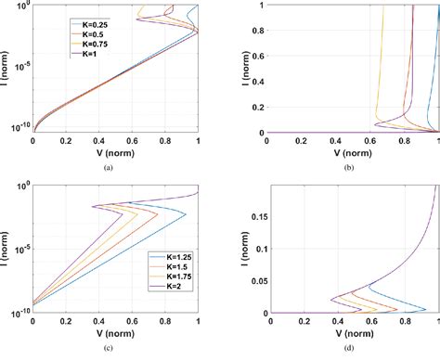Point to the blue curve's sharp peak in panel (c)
(186, 215)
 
